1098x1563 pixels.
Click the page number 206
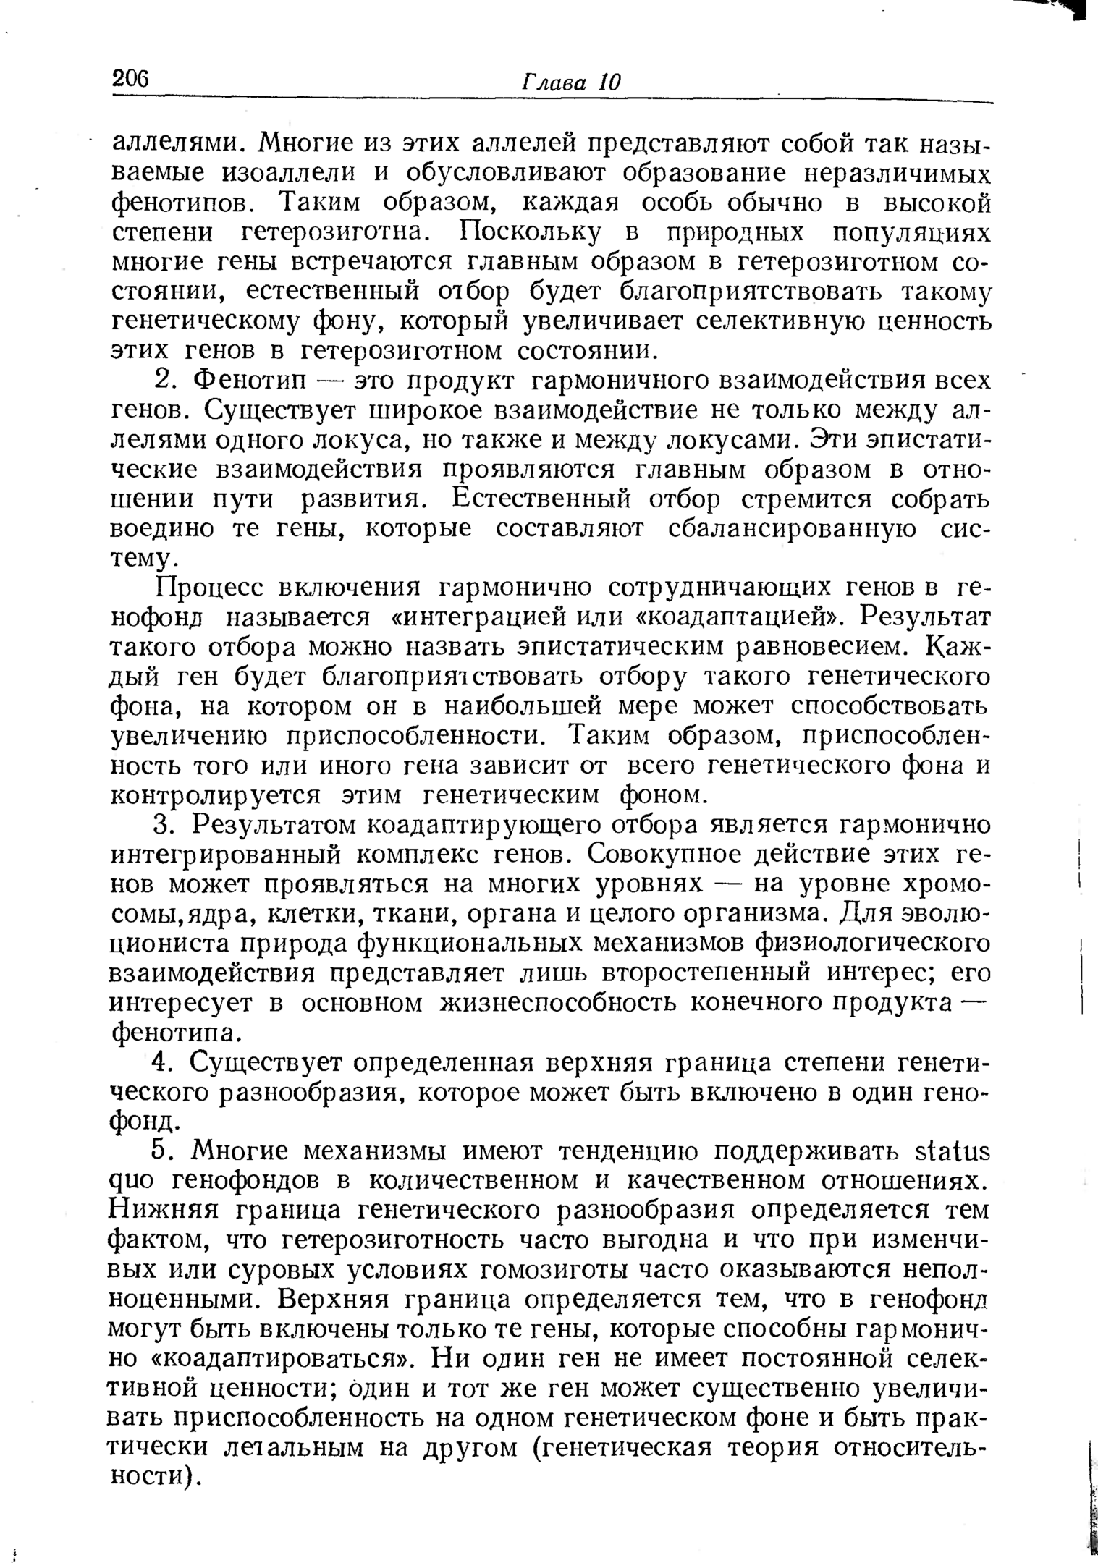tap(130, 77)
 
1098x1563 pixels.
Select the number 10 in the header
tap(609, 82)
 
